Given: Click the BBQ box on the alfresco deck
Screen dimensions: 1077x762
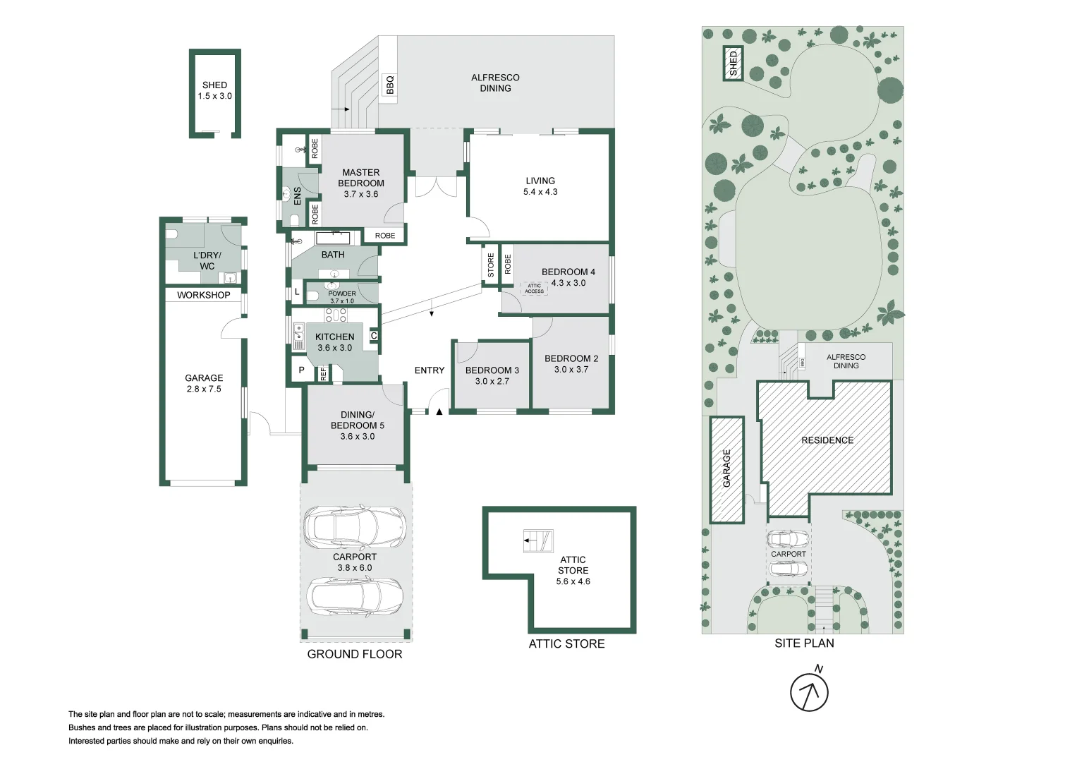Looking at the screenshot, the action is click(x=389, y=88).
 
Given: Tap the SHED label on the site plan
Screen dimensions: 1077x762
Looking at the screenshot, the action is click(x=733, y=64).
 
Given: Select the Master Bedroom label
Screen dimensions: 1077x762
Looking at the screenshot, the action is click(x=360, y=178).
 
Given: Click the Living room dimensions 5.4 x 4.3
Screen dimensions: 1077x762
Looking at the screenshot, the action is click(x=540, y=191).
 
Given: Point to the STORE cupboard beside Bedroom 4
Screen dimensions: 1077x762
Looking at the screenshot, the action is click(x=490, y=265).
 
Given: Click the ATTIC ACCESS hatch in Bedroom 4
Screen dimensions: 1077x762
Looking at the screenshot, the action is click(x=534, y=288).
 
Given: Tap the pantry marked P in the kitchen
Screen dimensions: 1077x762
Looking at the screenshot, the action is click(x=301, y=370).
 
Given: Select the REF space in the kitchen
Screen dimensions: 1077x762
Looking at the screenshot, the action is click(x=323, y=373).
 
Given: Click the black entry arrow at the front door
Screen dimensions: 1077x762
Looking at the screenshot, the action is click(x=439, y=411).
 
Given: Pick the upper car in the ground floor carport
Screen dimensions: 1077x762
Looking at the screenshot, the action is click(x=355, y=527).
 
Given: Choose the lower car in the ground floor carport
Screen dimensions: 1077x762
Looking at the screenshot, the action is click(x=355, y=596).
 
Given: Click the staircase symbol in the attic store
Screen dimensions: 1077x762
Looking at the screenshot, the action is click(x=538, y=540).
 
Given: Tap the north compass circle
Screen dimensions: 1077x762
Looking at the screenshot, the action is click(x=809, y=692).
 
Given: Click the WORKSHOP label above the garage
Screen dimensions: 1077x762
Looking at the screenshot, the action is click(x=203, y=295).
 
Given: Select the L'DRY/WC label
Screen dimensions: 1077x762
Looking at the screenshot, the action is click(x=207, y=260).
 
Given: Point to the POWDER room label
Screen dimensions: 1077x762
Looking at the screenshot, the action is click(x=342, y=294).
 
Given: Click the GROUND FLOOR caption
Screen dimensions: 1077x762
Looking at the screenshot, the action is click(x=355, y=654).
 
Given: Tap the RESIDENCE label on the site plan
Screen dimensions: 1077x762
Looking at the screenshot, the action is click(x=827, y=440).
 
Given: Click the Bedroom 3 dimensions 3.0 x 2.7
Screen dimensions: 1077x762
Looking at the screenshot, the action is click(x=492, y=381).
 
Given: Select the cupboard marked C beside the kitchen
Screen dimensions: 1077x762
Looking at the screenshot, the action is click(x=374, y=336).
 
